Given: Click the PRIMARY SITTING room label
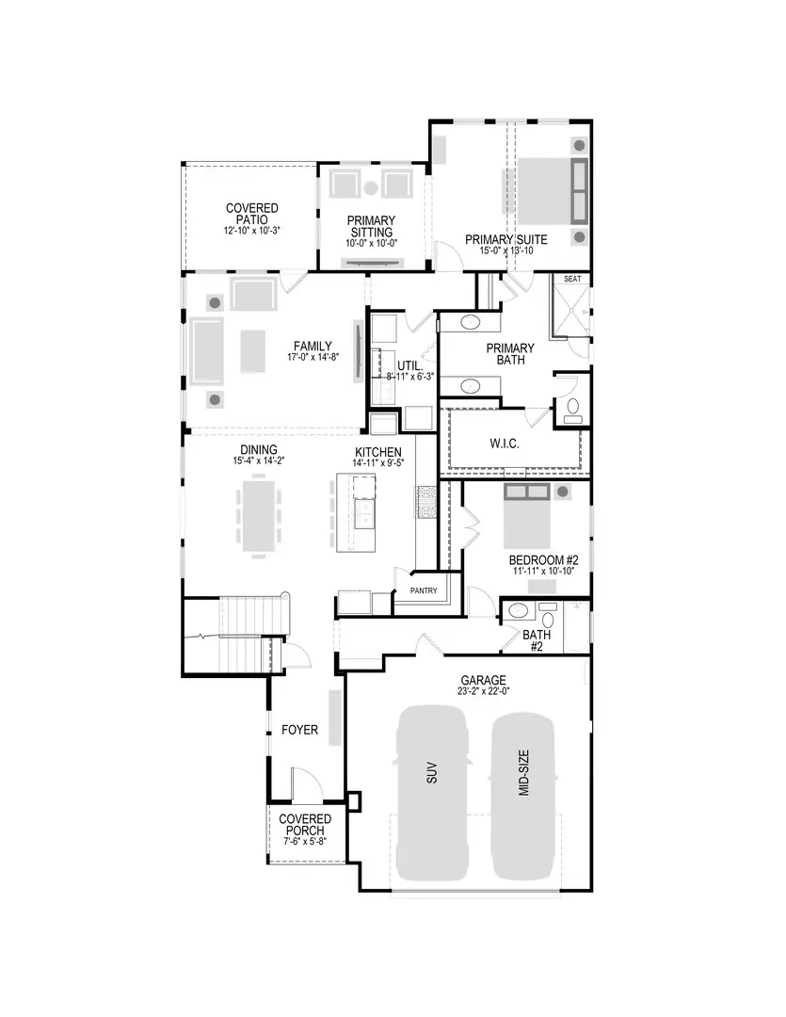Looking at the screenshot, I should tap(372, 227).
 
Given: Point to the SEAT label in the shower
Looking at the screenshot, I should tap(572, 280).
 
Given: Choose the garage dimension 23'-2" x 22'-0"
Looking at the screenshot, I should tap(484, 692).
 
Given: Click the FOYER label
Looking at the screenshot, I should tap(300, 730).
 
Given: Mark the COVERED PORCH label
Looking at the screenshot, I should tap(305, 825).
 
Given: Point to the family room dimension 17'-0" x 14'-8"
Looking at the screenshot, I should tap(313, 358).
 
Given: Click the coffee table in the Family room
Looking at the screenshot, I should tap(253, 351).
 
